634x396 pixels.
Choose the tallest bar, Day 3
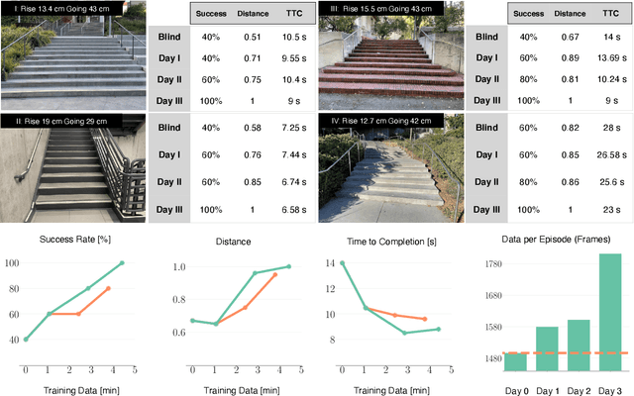coord(609,312)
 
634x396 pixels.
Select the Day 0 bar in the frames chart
coord(515,360)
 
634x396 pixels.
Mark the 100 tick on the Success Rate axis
coord(11,263)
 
